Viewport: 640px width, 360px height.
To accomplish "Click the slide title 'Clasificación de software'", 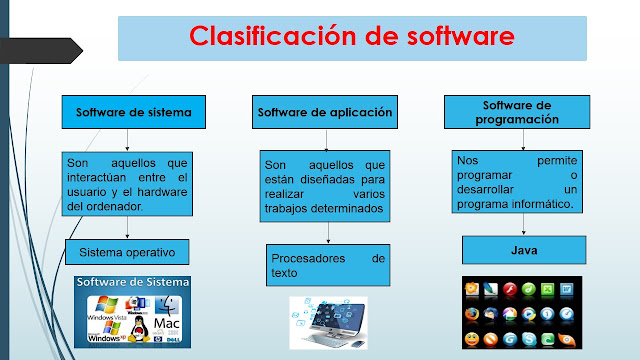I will click(x=352, y=37).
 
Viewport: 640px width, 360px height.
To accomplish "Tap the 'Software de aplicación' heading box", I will click(x=324, y=111).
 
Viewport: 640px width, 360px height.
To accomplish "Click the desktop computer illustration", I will click(x=328, y=320).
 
